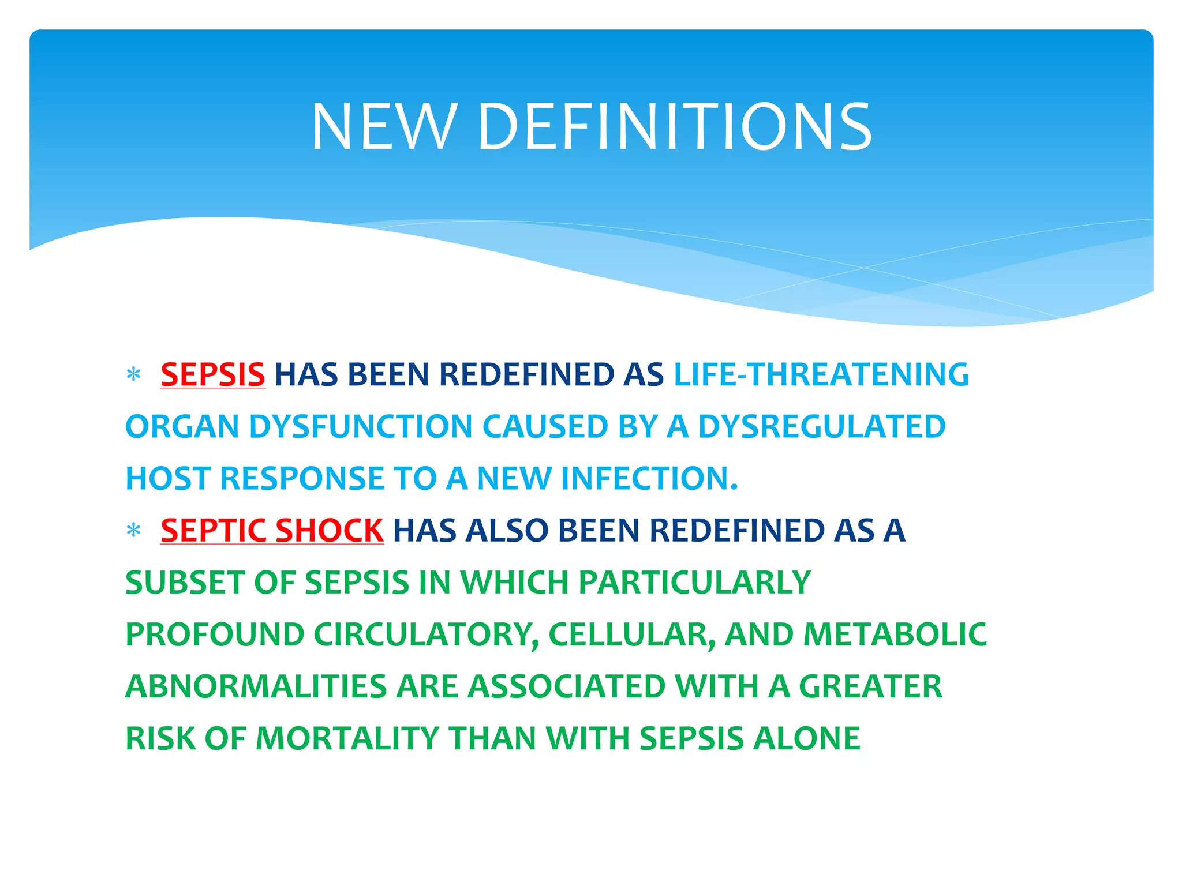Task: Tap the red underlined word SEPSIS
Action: click(x=212, y=374)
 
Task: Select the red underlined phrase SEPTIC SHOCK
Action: click(x=272, y=530)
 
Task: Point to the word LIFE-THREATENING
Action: click(x=821, y=374)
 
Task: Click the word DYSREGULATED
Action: click(x=821, y=426)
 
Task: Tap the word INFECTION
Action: click(x=649, y=478)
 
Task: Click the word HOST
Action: click(x=167, y=478)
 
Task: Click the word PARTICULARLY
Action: click(x=694, y=582)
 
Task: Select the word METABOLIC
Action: click(x=895, y=634)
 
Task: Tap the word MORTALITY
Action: click(x=347, y=738)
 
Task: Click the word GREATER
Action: click(x=870, y=686)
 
